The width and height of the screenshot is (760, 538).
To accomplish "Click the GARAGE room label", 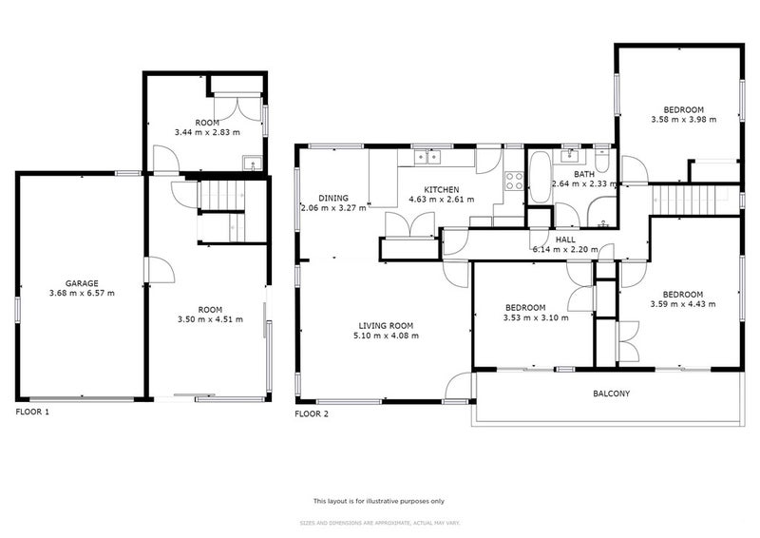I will coord(84,283).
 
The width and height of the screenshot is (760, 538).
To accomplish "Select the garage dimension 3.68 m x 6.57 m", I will coord(84,293).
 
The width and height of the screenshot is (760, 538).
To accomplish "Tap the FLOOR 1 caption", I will coord(32,413).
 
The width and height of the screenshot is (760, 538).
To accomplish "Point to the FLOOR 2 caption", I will coord(312,413).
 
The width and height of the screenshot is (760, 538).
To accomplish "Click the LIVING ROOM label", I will coord(385,325).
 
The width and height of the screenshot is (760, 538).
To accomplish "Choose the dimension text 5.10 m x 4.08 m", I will coord(385,336).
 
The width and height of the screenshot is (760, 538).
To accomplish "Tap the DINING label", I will coord(332,198).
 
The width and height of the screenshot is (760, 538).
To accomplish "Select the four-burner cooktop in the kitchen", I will coord(516,182).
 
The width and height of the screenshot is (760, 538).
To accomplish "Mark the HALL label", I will coord(565,240).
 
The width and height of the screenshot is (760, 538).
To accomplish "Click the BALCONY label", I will coord(611,394).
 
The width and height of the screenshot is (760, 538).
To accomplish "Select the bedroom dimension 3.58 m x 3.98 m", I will coord(683,120).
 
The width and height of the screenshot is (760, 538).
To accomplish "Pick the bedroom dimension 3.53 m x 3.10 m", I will coord(537,317).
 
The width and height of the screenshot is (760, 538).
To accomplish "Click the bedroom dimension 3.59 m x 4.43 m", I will coord(682,304).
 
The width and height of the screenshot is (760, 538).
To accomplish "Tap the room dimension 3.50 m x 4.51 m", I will coord(210,319).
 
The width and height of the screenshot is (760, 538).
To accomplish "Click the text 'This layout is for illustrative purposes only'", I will coord(379,501).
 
